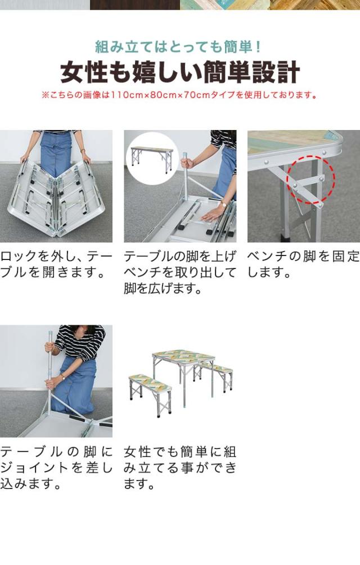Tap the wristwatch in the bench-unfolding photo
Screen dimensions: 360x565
[x=224, y=204]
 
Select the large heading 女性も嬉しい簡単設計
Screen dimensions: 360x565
[x=180, y=73]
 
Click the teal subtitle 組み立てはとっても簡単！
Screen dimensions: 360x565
[x=178, y=47]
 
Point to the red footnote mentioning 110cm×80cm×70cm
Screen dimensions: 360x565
[x=179, y=95]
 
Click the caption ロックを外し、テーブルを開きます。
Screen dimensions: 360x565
[x=56, y=264]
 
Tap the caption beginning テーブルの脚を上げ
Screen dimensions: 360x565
[x=180, y=272]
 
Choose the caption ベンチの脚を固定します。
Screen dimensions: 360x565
[x=304, y=264]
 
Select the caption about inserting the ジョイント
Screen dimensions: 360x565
[x=56, y=467]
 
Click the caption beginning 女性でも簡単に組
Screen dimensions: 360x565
[x=180, y=467]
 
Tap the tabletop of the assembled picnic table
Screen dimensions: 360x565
[x=183, y=356]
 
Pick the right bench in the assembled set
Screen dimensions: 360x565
[x=214, y=376]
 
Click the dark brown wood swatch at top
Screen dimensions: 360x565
[x=134, y=5]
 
